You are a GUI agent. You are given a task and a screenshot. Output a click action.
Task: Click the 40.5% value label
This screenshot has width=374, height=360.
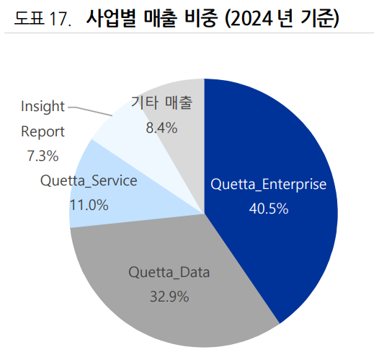(269, 209)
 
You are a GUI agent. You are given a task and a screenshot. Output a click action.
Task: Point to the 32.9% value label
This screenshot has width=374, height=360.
(169, 296)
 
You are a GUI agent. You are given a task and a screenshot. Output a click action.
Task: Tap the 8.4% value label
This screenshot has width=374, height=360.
(161, 128)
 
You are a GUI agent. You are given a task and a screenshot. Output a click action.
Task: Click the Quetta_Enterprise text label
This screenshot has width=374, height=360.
(268, 185)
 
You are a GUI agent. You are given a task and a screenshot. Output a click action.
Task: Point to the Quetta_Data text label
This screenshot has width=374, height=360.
(169, 272)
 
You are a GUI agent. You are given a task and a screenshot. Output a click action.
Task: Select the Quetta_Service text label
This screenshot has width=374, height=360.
(89, 180)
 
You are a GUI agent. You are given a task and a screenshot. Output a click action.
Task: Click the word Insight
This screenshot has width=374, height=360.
(43, 107)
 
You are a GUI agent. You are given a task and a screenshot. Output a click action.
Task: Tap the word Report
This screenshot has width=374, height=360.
(43, 131)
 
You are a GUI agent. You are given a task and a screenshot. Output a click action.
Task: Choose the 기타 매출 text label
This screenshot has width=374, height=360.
(161, 103)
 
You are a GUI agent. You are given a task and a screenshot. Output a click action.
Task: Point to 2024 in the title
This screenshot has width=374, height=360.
(255, 18)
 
